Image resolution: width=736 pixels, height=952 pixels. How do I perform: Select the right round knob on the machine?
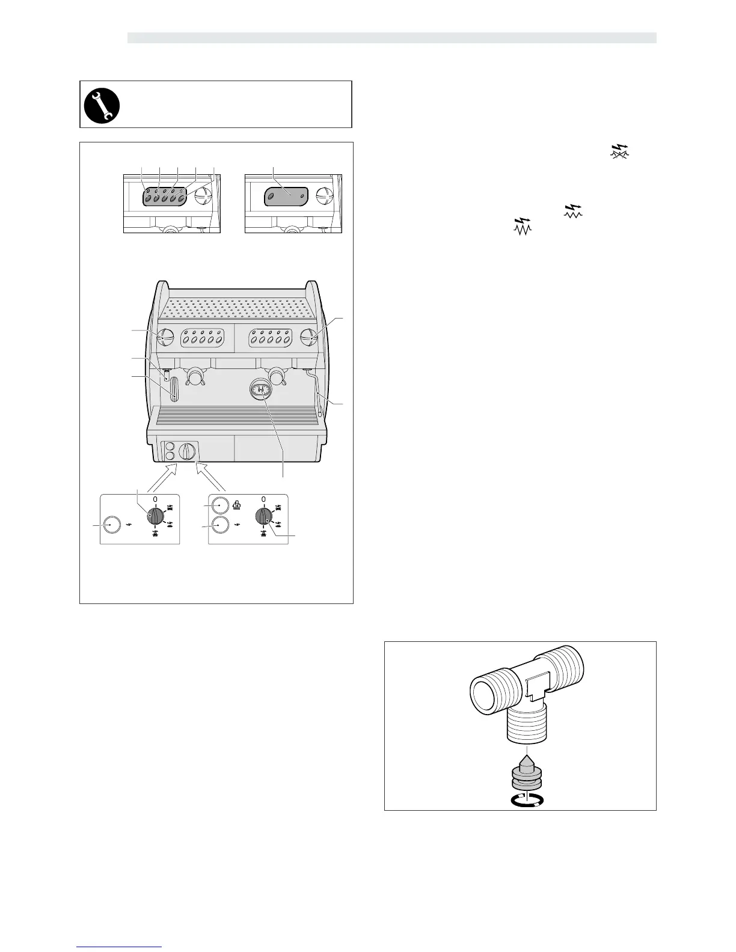pos(310,337)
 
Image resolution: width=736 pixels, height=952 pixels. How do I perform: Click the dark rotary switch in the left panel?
pos(155,516)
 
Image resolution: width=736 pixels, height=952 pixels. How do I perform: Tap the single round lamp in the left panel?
pos(111,525)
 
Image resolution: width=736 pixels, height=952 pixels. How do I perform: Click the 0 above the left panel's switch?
pos(155,499)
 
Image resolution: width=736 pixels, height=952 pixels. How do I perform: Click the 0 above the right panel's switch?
pos(263,499)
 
